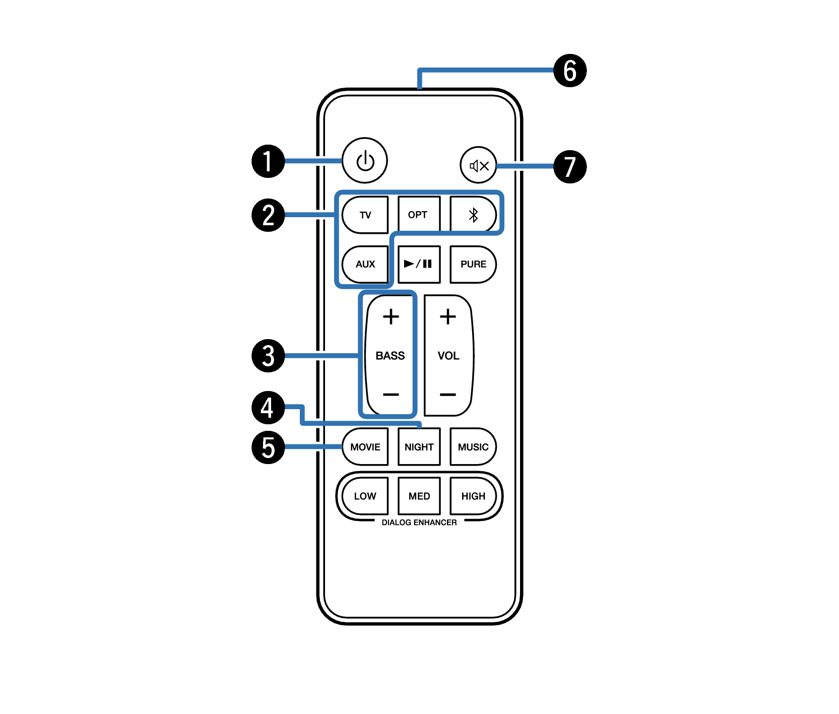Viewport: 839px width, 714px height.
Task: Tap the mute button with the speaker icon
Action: pos(478,165)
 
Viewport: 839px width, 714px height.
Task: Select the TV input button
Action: pos(365,215)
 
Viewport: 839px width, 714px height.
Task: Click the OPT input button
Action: pos(419,215)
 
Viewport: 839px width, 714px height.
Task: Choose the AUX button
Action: pos(365,265)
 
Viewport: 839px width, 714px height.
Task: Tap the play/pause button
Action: pos(419,265)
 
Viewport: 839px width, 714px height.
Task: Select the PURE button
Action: pos(473,265)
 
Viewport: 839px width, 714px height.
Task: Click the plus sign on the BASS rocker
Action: pos(391,317)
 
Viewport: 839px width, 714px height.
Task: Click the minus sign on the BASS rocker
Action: pos(391,395)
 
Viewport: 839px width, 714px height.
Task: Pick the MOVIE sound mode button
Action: pos(365,447)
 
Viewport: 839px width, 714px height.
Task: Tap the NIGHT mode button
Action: pos(419,447)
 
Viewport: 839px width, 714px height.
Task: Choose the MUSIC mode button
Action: pos(473,447)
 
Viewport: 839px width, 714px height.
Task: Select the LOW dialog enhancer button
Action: pos(365,496)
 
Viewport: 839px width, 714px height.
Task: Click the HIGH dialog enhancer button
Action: pos(473,496)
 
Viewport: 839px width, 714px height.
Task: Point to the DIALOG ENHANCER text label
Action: pos(419,523)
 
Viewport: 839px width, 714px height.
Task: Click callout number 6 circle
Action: pos(570,71)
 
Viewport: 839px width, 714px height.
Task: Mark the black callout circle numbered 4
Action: pos(268,408)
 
